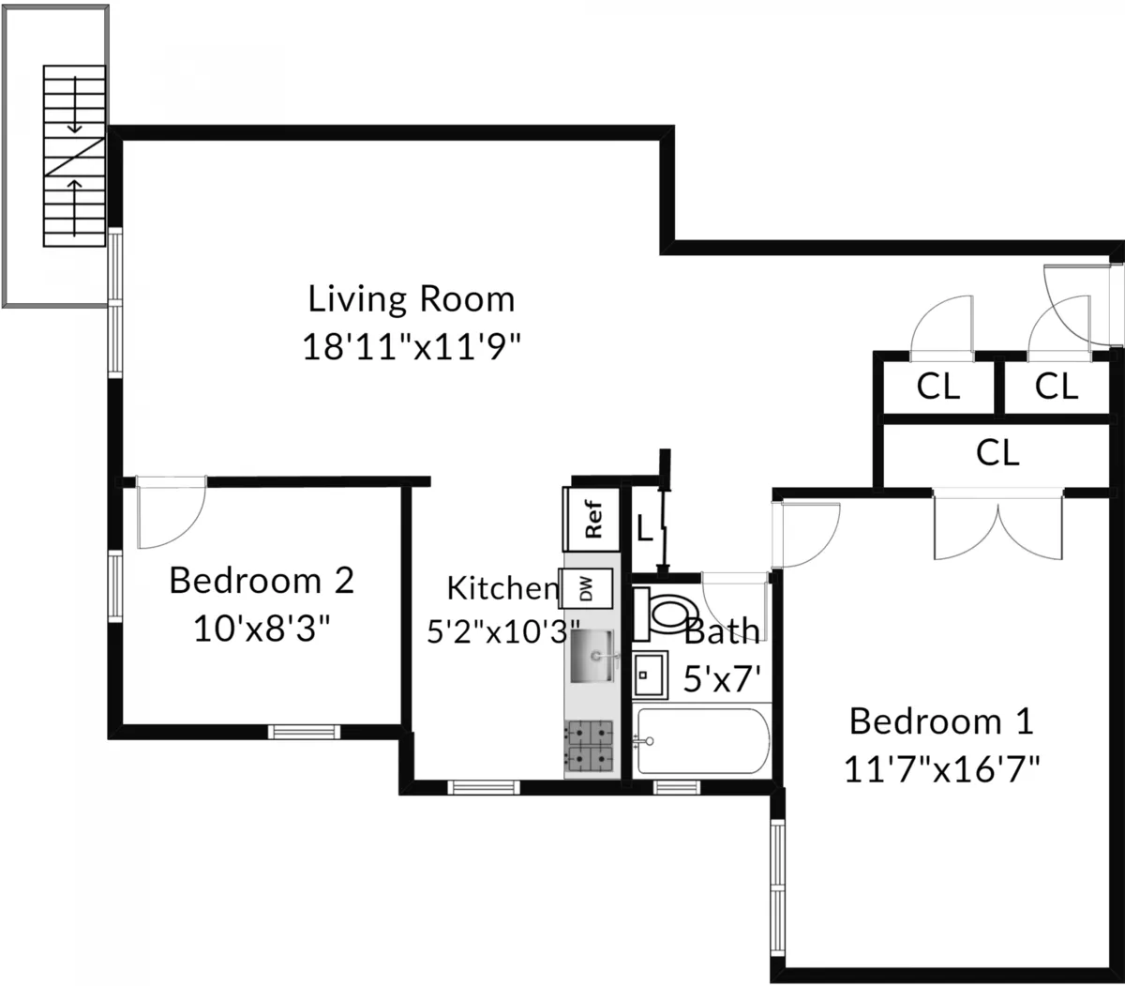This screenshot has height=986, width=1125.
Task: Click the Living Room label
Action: pyautogui.click(x=412, y=299)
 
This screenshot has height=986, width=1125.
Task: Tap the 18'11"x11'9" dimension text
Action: pyautogui.click(x=412, y=346)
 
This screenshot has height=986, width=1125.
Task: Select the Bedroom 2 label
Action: pyautogui.click(x=262, y=581)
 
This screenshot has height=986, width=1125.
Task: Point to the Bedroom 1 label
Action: pyautogui.click(x=941, y=721)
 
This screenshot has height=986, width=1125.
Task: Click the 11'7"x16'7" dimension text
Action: pyautogui.click(x=941, y=770)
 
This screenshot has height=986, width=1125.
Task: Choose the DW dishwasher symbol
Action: pyautogui.click(x=587, y=589)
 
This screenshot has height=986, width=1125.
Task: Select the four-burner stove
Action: pyautogui.click(x=590, y=747)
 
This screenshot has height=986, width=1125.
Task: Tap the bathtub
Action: pyautogui.click(x=701, y=741)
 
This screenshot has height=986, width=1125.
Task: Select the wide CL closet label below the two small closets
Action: pyautogui.click(x=997, y=453)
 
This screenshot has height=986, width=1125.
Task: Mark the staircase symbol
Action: pyautogui.click(x=74, y=156)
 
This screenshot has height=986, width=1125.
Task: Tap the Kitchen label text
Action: pyautogui.click(x=502, y=588)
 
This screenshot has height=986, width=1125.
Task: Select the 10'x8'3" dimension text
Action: pyautogui.click(x=262, y=628)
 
